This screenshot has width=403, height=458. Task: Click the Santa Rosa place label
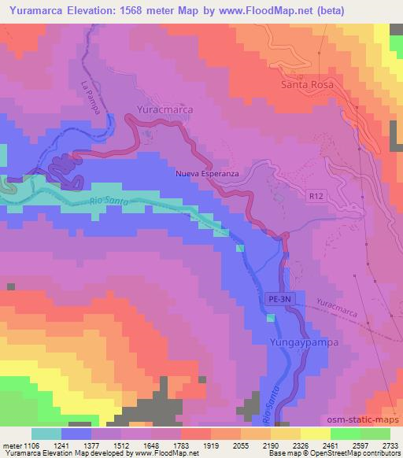(308, 84)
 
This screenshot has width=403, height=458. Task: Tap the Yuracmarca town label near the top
(165, 111)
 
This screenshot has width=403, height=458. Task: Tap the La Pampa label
(92, 98)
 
